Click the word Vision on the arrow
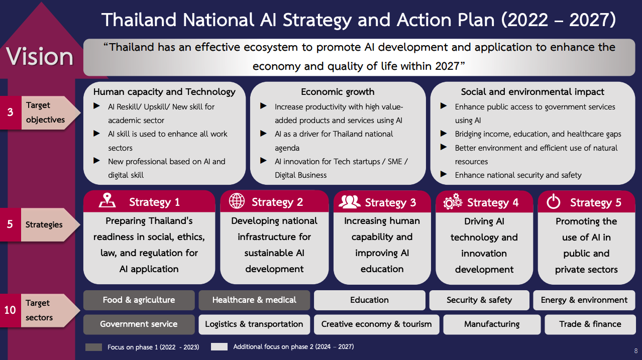click(40, 56)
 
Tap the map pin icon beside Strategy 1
click(107, 201)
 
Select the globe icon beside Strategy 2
click(237, 201)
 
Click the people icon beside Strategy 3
click(350, 201)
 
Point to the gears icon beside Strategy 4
click(453, 202)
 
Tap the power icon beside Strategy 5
click(553, 202)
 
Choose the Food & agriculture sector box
click(139, 300)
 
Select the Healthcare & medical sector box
click(254, 300)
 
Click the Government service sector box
click(139, 324)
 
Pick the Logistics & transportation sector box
click(254, 324)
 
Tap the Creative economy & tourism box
click(376, 324)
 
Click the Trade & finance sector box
click(590, 324)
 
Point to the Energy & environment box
click(584, 300)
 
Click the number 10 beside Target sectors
click(10, 310)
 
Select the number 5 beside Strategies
click(10, 224)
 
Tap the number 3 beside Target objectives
click(10, 112)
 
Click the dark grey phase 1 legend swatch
click(94, 347)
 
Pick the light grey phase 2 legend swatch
click(219, 346)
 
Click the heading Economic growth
click(338, 92)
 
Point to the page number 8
click(635, 351)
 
